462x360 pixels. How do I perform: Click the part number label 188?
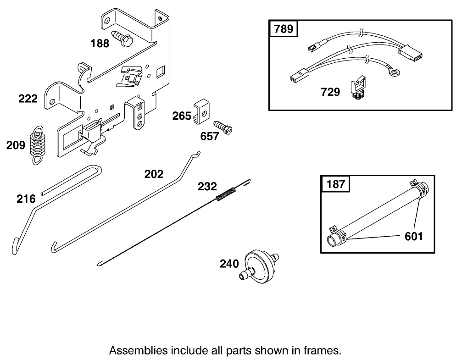click(x=100, y=44)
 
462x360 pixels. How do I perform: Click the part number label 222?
click(x=28, y=99)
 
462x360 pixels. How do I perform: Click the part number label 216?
click(x=26, y=199)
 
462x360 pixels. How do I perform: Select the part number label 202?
click(x=154, y=174)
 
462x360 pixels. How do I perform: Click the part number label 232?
click(x=207, y=187)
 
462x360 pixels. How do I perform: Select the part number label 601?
click(x=413, y=237)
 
